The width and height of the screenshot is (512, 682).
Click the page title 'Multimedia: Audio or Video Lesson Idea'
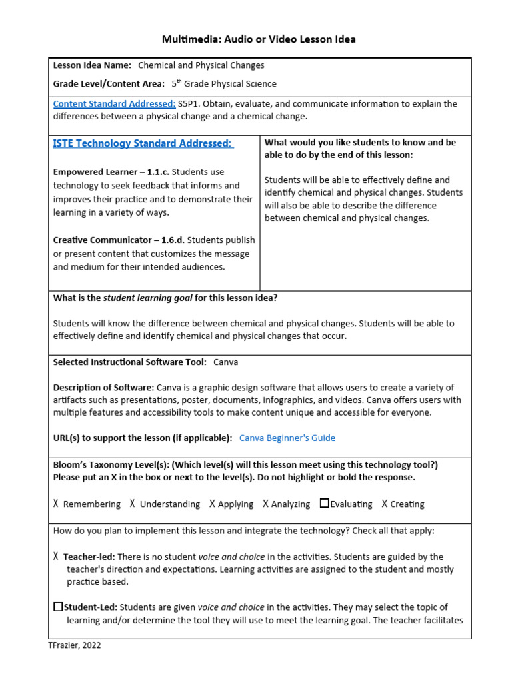[259, 39]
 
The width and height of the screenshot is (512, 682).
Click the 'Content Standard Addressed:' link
[114, 103]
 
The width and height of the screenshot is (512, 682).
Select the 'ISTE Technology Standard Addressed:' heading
[143, 143]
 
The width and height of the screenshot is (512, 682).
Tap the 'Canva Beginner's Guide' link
[287, 438]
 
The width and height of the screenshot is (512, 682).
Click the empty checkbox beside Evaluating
[324, 504]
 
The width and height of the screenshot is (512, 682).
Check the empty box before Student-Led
[58, 607]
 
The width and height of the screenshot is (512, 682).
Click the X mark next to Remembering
[56, 504]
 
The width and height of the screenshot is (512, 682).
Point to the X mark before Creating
[385, 504]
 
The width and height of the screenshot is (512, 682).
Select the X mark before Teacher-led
[56, 556]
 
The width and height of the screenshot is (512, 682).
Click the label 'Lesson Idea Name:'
[92, 65]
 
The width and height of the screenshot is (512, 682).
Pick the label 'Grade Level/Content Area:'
[108, 84]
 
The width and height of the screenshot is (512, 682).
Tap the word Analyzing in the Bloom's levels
[291, 504]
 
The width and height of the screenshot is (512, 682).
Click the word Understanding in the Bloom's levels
[170, 504]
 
